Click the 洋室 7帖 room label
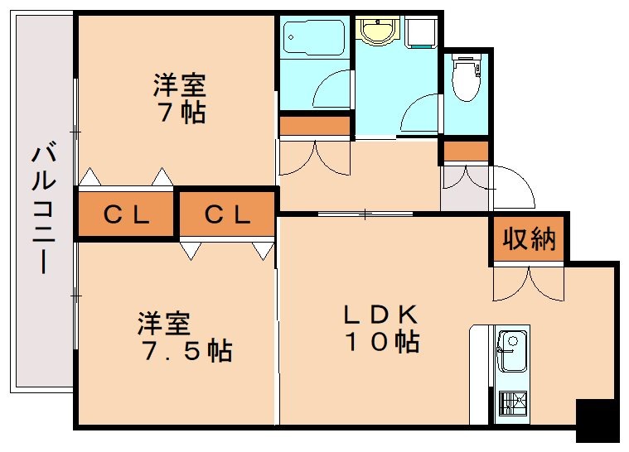(x=178, y=99)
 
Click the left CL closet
(x=126, y=215)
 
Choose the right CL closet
(x=226, y=215)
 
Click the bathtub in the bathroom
(x=313, y=36)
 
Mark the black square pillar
(x=597, y=421)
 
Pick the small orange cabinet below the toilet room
(x=465, y=151)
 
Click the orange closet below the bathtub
(x=315, y=126)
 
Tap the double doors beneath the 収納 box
(x=528, y=282)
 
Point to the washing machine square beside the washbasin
(x=421, y=32)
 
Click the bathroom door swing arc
(x=334, y=88)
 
